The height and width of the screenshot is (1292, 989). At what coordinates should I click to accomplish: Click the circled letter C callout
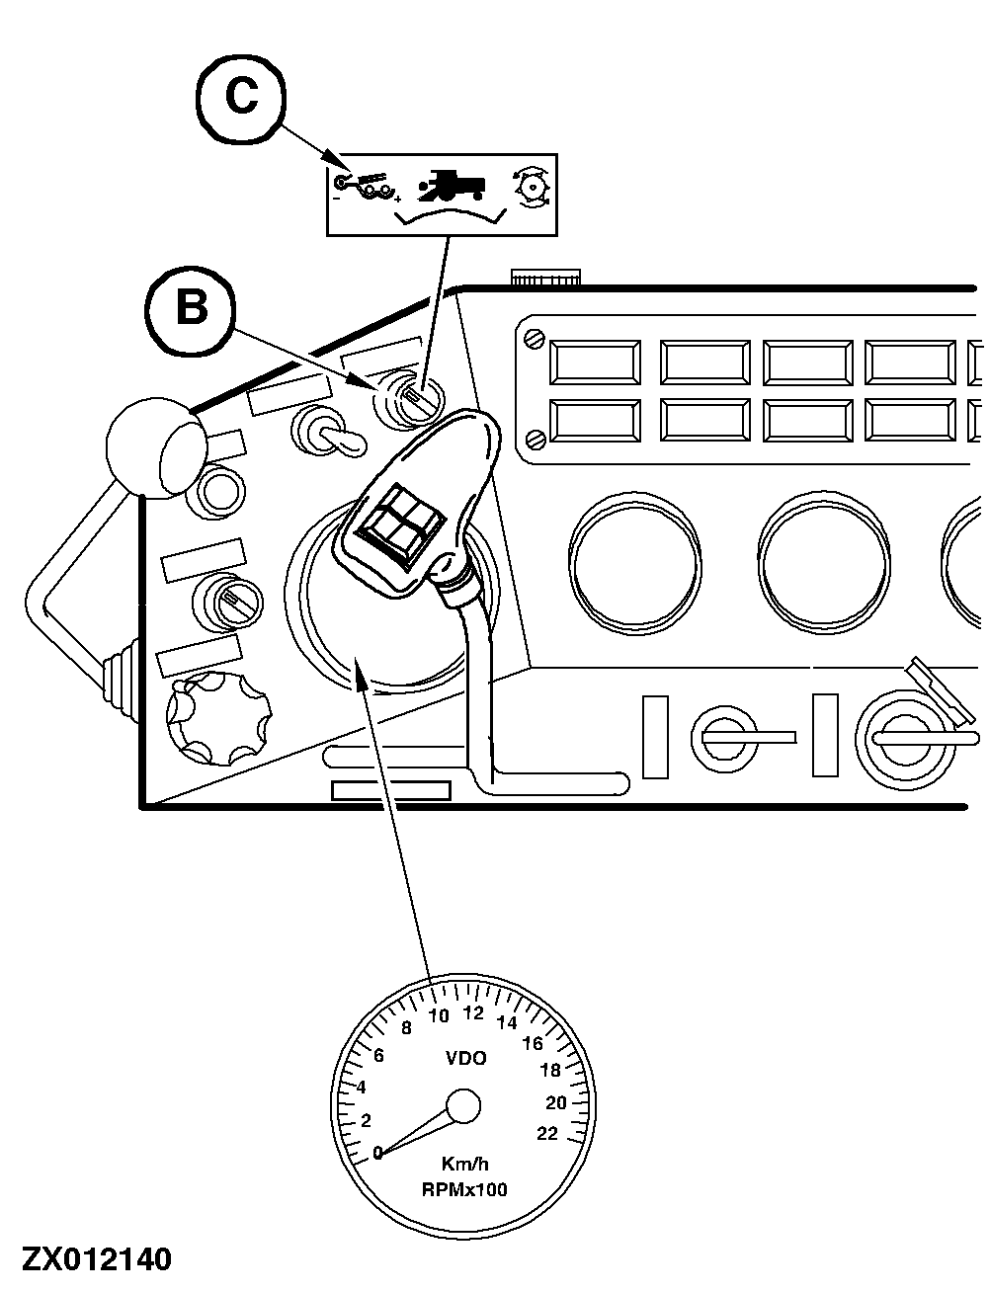(241, 97)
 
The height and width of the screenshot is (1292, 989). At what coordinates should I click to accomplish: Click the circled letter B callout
(191, 307)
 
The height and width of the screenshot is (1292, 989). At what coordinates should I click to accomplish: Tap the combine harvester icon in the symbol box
(452, 186)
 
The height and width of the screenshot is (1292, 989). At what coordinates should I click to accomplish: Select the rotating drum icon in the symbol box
(532, 188)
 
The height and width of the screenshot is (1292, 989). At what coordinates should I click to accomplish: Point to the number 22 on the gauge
(547, 1133)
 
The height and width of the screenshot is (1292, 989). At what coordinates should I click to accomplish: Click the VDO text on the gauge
(466, 1058)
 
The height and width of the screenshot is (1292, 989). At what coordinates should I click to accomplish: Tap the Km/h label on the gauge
(464, 1165)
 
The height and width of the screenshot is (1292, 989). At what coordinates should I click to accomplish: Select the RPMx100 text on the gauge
(464, 1189)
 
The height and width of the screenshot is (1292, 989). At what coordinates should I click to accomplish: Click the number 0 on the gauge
(377, 1152)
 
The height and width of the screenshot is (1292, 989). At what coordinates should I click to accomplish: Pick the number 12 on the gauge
(473, 1012)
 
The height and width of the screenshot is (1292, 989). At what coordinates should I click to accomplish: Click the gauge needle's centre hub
(463, 1106)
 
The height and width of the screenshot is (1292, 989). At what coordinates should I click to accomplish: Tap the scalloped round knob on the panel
(215, 713)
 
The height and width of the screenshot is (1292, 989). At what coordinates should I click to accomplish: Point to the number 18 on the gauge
(550, 1070)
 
